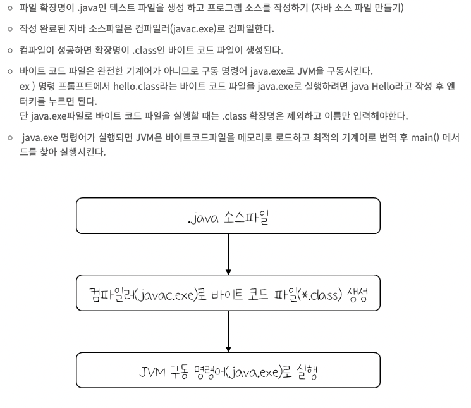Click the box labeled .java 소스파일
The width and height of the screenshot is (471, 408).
[x=228, y=216]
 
